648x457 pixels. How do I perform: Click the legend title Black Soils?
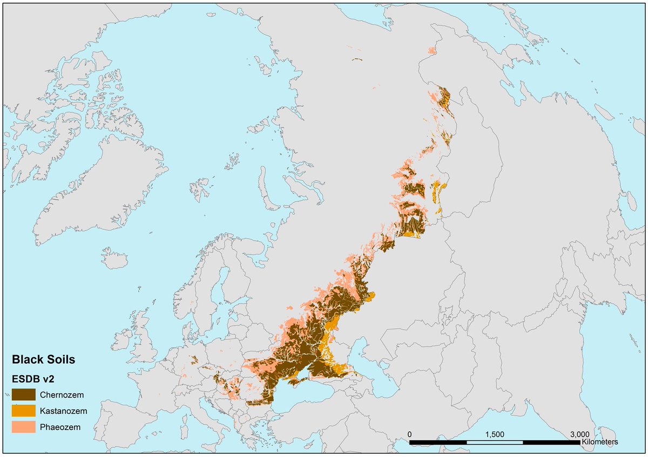click(x=44, y=359)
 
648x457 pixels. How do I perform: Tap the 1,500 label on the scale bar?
click(x=495, y=434)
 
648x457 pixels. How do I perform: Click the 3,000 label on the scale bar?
click(x=579, y=434)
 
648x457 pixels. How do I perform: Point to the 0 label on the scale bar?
click(x=410, y=434)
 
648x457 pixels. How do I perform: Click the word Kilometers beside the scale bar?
click(x=599, y=442)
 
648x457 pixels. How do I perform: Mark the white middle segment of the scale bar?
click(x=494, y=442)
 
